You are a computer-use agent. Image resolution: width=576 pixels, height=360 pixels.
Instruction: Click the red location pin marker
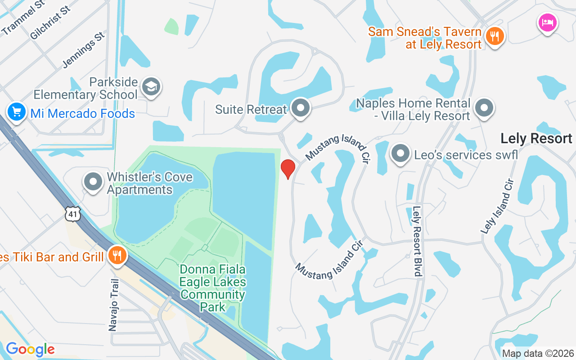click(x=288, y=169)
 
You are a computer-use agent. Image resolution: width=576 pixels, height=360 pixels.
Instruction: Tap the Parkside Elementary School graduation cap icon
click(x=151, y=87)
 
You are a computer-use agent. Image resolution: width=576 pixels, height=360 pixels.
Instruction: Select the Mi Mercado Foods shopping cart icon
click(x=17, y=112)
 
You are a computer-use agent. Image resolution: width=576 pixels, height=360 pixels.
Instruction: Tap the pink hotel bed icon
click(x=547, y=22)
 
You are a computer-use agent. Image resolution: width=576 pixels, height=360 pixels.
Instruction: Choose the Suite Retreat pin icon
click(x=300, y=108)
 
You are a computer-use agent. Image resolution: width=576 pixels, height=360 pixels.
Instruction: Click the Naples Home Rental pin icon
click(x=484, y=108)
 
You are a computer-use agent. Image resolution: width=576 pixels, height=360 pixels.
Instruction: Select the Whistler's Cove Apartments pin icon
click(x=94, y=182)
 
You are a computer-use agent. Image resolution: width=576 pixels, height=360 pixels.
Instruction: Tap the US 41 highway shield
click(x=72, y=214)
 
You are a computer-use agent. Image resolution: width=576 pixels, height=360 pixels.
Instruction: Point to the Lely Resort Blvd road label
click(x=417, y=241)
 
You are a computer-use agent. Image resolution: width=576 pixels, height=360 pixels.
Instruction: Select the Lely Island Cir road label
click(x=497, y=206)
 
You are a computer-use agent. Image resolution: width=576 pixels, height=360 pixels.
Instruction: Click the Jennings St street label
click(x=84, y=49)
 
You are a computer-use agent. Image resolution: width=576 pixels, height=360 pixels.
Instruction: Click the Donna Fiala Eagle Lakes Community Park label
click(x=212, y=288)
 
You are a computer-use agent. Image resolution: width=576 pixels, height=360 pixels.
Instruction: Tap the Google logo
click(x=30, y=349)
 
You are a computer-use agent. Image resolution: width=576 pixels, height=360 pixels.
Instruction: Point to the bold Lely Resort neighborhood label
click(x=536, y=138)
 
